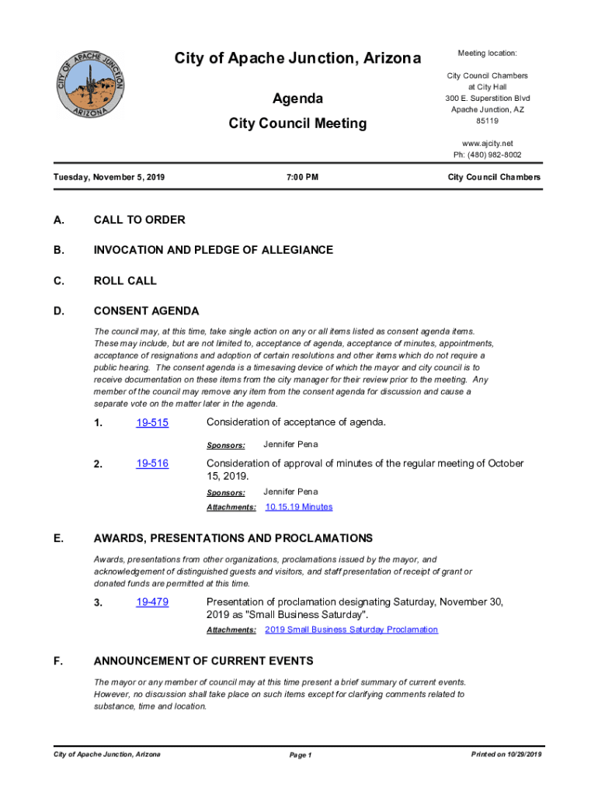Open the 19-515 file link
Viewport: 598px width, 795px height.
(152, 423)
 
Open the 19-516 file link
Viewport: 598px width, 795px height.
(152, 464)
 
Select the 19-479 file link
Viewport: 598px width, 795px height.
(152, 602)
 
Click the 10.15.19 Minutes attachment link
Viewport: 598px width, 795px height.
(299, 507)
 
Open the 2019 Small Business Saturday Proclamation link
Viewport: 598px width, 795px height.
(351, 630)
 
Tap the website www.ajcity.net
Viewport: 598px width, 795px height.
(487, 144)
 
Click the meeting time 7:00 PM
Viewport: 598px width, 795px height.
(302, 178)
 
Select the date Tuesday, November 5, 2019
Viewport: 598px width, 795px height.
(109, 178)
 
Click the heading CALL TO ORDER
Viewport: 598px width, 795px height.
(139, 220)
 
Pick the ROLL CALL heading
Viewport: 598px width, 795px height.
(125, 281)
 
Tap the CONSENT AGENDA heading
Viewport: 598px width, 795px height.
(146, 311)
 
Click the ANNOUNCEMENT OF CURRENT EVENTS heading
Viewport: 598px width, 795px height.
(203, 661)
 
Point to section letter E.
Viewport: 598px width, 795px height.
(58, 538)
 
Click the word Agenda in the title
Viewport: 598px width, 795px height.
(297, 99)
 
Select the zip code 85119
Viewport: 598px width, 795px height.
(487, 121)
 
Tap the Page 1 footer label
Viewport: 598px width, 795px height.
(300, 755)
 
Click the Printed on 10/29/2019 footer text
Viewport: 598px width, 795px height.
(506, 755)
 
